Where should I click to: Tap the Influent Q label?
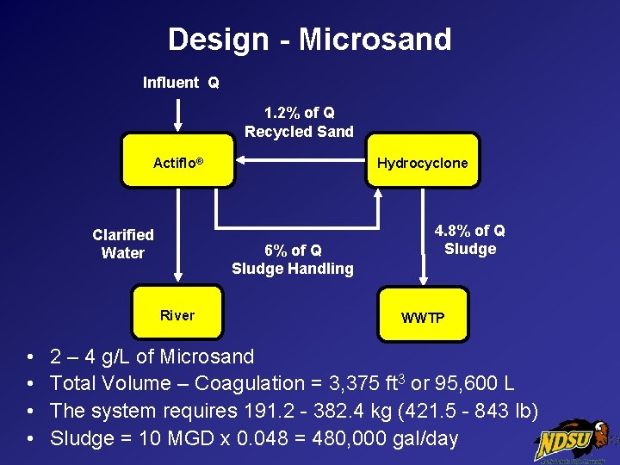(x=181, y=83)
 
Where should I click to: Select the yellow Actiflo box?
(x=178, y=161)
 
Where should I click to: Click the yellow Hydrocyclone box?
(x=422, y=161)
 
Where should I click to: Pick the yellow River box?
(x=177, y=314)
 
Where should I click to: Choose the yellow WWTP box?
(x=423, y=316)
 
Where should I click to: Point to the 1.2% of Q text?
(x=300, y=113)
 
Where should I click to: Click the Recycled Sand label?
(x=299, y=132)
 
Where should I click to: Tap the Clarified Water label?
(x=123, y=244)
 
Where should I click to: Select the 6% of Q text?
(x=293, y=251)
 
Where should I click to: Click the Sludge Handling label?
(x=293, y=269)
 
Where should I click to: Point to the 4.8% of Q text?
(x=470, y=231)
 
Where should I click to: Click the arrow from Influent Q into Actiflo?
(x=178, y=113)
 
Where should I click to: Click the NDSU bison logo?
(x=572, y=439)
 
